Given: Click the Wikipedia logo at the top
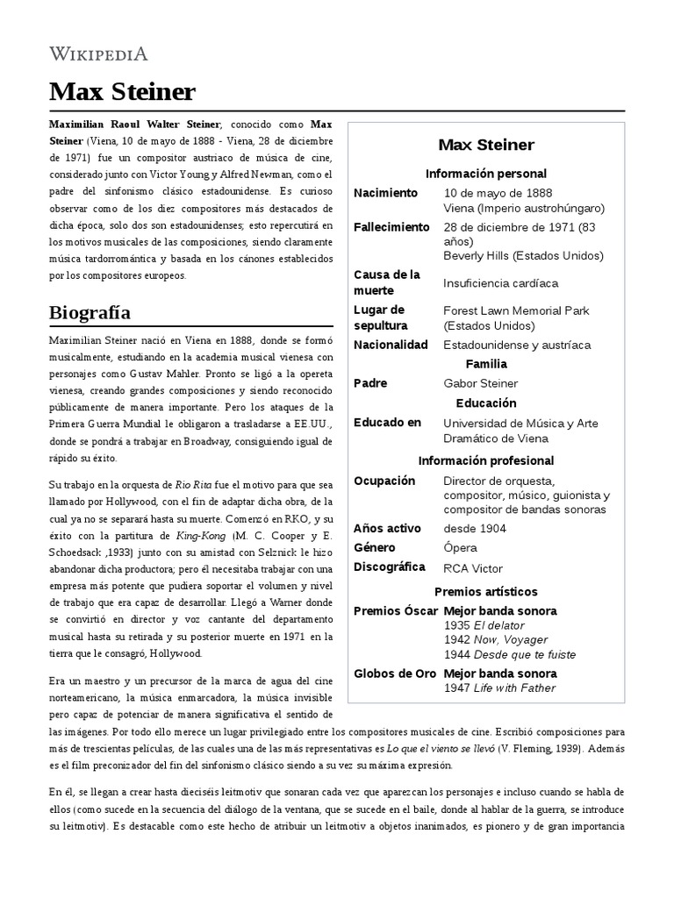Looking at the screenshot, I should pos(98,53).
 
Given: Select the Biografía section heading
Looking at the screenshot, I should pos(90,312).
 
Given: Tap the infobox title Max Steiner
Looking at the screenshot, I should pos(485,145).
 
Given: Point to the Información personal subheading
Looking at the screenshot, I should pos(485,174).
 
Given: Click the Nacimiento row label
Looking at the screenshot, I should pos(386,192).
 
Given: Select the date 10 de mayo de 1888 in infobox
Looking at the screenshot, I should pos(498,192).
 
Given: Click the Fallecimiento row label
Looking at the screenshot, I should pos(391,227).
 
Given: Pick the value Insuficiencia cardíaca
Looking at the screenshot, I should pos(500,283).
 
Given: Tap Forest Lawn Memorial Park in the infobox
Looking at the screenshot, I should pos(516,310).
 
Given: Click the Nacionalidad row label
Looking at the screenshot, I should pos(391,345).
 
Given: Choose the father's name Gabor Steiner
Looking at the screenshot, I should pos(481,383).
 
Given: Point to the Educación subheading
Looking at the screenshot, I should pos(485,403).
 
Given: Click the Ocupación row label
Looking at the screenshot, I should pos(384,481).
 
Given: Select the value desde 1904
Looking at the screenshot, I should pos(475,528).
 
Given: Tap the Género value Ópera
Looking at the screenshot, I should pos(461,547).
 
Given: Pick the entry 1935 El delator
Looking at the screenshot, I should pos(484,625).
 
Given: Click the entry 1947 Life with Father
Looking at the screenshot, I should pos(499,688).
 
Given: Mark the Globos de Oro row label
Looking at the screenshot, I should pos(394,673).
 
